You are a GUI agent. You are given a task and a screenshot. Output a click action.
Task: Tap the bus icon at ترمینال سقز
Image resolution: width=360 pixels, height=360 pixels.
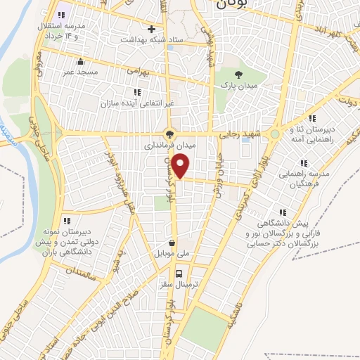click(179, 274)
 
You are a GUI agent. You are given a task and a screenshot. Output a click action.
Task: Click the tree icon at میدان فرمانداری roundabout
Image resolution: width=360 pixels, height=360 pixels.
click(169, 133)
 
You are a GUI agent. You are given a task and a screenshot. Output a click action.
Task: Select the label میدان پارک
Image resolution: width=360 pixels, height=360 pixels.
click(238, 85)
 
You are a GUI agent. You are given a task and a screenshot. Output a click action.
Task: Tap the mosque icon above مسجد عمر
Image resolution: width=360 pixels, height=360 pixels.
click(80, 60)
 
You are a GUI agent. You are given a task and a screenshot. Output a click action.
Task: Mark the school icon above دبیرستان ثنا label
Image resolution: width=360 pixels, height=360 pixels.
click(312, 118)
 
